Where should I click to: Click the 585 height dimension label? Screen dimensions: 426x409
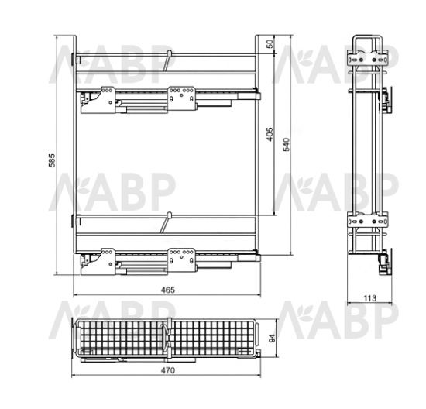[x=52, y=160]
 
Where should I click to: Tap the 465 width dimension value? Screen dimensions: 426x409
[x=168, y=290]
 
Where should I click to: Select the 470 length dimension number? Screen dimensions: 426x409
[x=168, y=370]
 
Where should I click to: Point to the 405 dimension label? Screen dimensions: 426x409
[x=270, y=134]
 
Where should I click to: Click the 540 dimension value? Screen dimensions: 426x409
[x=287, y=145]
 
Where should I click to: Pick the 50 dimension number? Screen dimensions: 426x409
[x=270, y=44]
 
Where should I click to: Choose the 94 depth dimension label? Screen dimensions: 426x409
[x=272, y=338]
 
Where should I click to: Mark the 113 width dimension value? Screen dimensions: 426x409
[x=370, y=298]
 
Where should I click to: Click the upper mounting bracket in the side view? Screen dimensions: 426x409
[x=368, y=60]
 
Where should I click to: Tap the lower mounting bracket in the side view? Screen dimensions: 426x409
[x=368, y=222]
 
